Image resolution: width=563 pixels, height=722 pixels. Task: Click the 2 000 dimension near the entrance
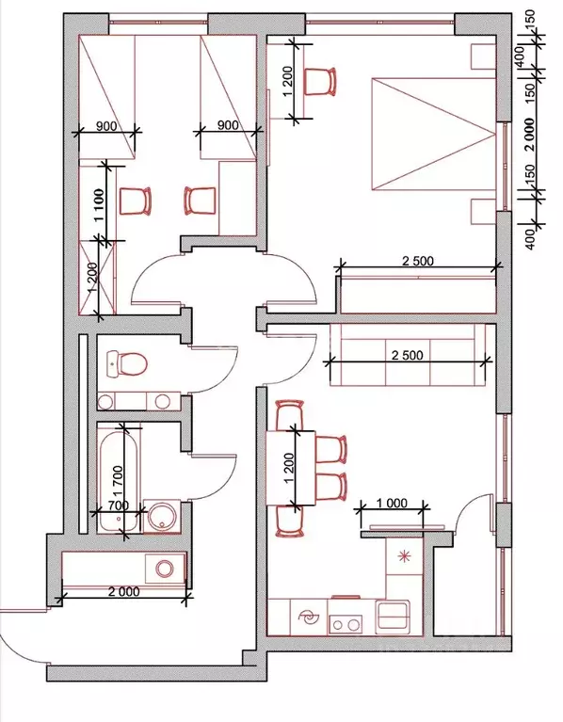[x=123, y=591]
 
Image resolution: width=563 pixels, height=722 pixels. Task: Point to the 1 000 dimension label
[x=392, y=503]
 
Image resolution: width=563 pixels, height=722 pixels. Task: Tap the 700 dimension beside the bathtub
[x=119, y=505]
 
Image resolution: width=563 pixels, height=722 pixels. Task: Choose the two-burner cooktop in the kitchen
[x=346, y=625]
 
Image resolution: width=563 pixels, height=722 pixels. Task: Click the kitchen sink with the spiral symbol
[x=308, y=618]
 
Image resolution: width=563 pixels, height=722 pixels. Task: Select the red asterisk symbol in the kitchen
[x=404, y=556]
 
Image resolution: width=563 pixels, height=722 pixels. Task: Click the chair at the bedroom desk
[x=320, y=82]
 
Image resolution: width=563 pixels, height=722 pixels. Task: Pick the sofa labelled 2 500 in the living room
[x=408, y=355]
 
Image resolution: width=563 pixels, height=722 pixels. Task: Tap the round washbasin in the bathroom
[x=161, y=517]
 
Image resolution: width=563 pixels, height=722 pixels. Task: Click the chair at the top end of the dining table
[x=290, y=414]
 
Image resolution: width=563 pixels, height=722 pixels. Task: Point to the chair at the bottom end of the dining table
[x=290, y=521]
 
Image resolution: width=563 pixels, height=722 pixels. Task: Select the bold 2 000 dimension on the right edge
[x=530, y=135]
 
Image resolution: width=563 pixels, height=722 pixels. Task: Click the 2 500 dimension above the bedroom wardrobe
[x=418, y=261]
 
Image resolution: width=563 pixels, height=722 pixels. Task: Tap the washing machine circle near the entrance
[x=164, y=569]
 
